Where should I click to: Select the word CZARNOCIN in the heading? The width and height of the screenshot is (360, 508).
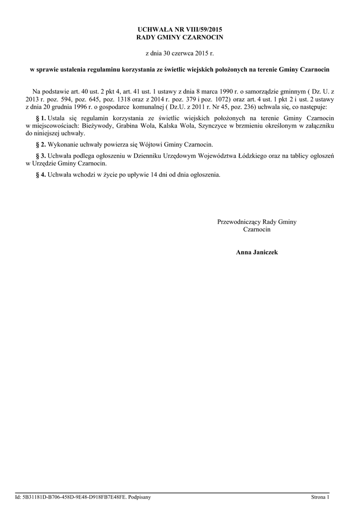coord(202,38)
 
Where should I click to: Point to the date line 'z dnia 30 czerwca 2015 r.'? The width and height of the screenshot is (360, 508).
coord(180,53)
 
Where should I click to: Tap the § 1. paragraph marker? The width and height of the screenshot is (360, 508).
coord(41,118)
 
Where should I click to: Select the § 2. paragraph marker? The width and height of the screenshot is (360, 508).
coord(41,144)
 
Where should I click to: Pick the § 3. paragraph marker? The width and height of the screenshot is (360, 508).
coord(41,156)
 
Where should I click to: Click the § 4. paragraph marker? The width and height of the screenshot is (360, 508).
coord(41,175)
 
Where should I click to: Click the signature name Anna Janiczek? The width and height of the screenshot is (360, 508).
coord(257,253)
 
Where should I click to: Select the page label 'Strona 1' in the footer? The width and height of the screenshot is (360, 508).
coord(320,497)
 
